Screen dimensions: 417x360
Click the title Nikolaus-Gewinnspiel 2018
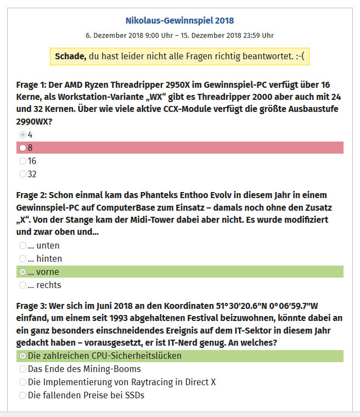pos(179,21)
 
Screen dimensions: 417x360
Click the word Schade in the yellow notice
pos(70,57)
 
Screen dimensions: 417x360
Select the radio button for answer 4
pos(22,134)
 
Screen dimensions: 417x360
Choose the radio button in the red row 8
pos(22,148)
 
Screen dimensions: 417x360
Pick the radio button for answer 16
pos(22,161)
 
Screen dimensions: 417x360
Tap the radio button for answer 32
pos(22,174)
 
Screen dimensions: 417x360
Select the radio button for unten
pos(22,245)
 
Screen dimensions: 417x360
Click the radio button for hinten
pos(22,258)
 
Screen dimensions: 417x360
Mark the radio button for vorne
pos(22,272)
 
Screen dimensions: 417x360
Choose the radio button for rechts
pos(22,285)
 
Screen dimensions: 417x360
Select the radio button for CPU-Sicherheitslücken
pos(22,356)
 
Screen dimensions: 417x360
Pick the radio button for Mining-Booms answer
pos(22,369)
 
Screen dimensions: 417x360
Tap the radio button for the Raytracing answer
pos(22,382)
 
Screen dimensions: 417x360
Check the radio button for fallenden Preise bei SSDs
pos(22,396)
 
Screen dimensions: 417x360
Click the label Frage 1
pos(31,85)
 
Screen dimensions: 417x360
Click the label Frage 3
pos(31,307)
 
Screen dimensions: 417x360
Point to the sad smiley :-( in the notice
pos(299,57)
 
